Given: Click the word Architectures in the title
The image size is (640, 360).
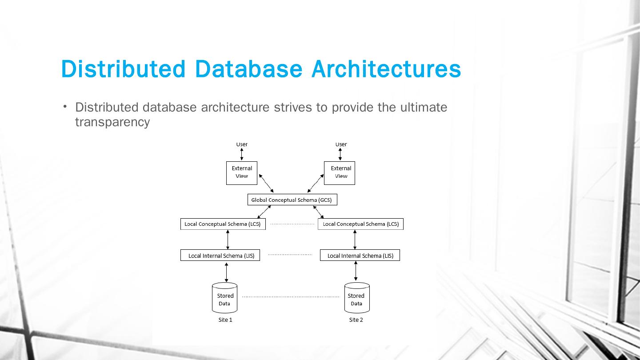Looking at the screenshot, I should pos(386,69).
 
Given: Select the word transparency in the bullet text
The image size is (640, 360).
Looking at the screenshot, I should pos(112,122).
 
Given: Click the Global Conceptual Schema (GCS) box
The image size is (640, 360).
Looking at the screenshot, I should pos(292,200).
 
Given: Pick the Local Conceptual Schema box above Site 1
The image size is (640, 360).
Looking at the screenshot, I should pos(223,224).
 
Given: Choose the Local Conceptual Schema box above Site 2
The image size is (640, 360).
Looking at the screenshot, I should pos(360,224).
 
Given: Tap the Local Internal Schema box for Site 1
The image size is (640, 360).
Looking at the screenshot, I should pos(220,256).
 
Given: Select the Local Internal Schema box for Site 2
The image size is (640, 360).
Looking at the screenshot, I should pos(360,256).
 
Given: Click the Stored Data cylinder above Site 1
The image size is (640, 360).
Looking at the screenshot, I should pos(225,298).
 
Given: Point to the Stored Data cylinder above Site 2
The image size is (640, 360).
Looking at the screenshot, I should pos(356,298).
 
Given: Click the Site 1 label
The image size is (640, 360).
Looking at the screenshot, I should pos(225,320).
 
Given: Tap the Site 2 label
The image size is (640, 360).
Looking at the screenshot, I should pos(356,320).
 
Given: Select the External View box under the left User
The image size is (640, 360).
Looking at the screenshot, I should pos(242,172).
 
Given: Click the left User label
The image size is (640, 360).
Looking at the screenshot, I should pos(242,144).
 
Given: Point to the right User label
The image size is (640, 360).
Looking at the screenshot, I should pos(341,144).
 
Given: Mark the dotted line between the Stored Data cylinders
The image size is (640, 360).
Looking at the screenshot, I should pos(290,296).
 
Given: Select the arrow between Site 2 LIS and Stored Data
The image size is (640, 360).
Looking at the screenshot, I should pos(356,271).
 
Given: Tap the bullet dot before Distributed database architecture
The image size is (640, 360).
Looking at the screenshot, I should pos(65,106).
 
